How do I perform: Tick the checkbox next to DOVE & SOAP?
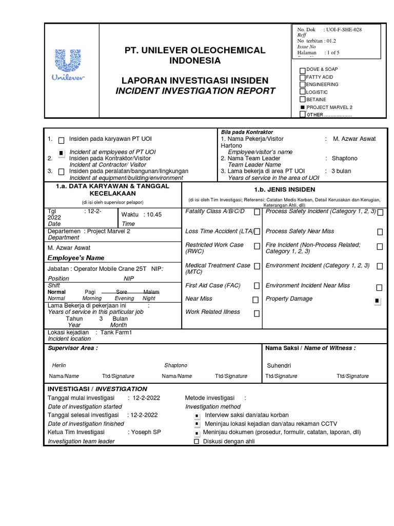303,69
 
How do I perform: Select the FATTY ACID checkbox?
303,77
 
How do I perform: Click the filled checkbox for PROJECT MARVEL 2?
303,107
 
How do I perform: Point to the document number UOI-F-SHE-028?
345,30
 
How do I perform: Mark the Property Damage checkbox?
378,300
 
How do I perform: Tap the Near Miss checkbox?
255,299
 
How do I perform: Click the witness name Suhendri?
279,366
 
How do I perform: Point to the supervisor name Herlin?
60,365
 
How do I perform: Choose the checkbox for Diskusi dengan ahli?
196,441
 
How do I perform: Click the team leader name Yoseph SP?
146,432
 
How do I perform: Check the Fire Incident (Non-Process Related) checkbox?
380,247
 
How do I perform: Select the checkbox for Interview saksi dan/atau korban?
196,415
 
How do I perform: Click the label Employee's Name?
76,257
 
